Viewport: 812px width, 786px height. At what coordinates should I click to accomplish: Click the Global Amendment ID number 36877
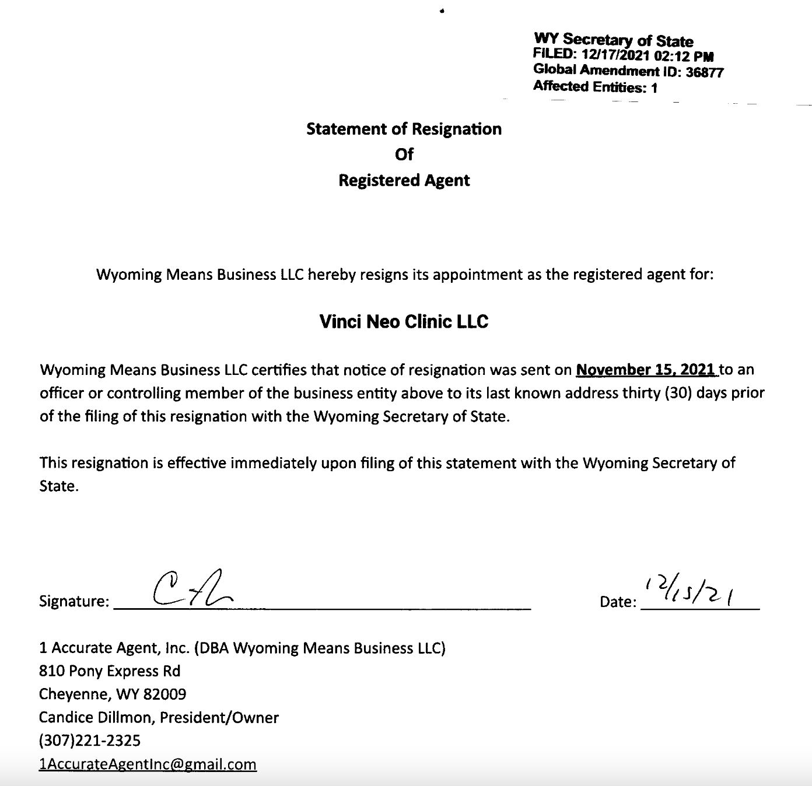(705, 72)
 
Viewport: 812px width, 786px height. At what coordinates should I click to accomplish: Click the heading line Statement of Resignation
(404, 129)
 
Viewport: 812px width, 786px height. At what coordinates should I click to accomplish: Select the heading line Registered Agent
(404, 180)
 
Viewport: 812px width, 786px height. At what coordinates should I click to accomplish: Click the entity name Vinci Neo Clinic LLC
(404, 321)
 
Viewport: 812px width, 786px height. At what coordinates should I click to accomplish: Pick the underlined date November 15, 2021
(645, 370)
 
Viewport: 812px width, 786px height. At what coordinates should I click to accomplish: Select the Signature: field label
(74, 601)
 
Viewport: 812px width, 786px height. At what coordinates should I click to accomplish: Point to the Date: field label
(618, 602)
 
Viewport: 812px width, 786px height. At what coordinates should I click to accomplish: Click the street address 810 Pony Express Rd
(110, 671)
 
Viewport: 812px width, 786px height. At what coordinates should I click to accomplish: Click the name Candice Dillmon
(96, 718)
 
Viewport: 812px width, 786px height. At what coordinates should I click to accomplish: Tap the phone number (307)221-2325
(90, 741)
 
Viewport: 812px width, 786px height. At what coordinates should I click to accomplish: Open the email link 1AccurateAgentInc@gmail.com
(148, 764)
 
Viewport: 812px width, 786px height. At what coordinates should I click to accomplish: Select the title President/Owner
(219, 718)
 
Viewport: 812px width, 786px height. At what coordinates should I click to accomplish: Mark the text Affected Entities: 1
(595, 87)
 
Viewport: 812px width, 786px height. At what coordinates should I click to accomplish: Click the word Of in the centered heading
(404, 155)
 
